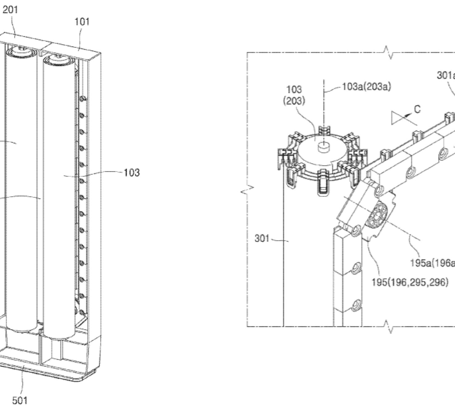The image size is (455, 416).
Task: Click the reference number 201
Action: click(10, 10)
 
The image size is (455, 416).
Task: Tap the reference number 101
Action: click(82, 22)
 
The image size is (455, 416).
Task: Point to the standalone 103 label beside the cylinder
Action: click(132, 172)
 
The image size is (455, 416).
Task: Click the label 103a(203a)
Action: click(366, 87)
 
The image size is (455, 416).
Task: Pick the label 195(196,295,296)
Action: click(410, 282)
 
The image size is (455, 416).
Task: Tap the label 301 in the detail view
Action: click(262, 238)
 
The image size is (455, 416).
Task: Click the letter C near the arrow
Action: click(417, 109)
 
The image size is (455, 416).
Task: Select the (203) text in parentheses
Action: click(294, 101)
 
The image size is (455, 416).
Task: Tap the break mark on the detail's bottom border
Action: click(388, 326)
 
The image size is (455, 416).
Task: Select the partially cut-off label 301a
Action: click(446, 75)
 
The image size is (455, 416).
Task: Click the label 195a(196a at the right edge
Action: click(432, 263)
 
